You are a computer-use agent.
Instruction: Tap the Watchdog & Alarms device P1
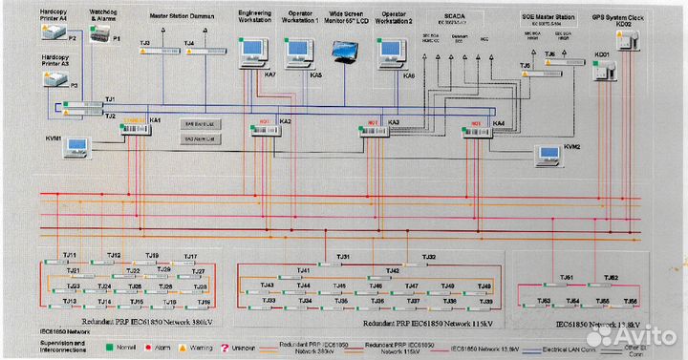pos(99,34)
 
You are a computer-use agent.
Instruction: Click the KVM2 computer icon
pos(548,152)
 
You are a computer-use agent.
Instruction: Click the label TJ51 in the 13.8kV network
pos(566,277)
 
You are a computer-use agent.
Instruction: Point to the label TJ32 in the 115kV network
pos(429,257)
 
